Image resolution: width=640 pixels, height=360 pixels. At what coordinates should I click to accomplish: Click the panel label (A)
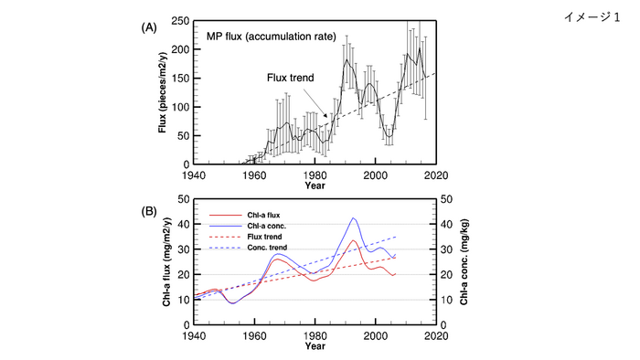(146, 28)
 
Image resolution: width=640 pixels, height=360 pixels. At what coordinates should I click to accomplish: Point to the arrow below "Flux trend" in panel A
(316, 101)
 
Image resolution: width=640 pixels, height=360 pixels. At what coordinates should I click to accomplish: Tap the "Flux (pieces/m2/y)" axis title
(163, 91)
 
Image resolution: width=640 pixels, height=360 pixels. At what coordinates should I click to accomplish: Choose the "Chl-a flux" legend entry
(264, 215)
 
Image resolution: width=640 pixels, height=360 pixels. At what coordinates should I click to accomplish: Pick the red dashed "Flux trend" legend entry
(265, 237)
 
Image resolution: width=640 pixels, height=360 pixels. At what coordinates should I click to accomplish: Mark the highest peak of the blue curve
(354, 218)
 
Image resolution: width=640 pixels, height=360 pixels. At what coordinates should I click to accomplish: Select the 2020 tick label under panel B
(436, 334)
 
